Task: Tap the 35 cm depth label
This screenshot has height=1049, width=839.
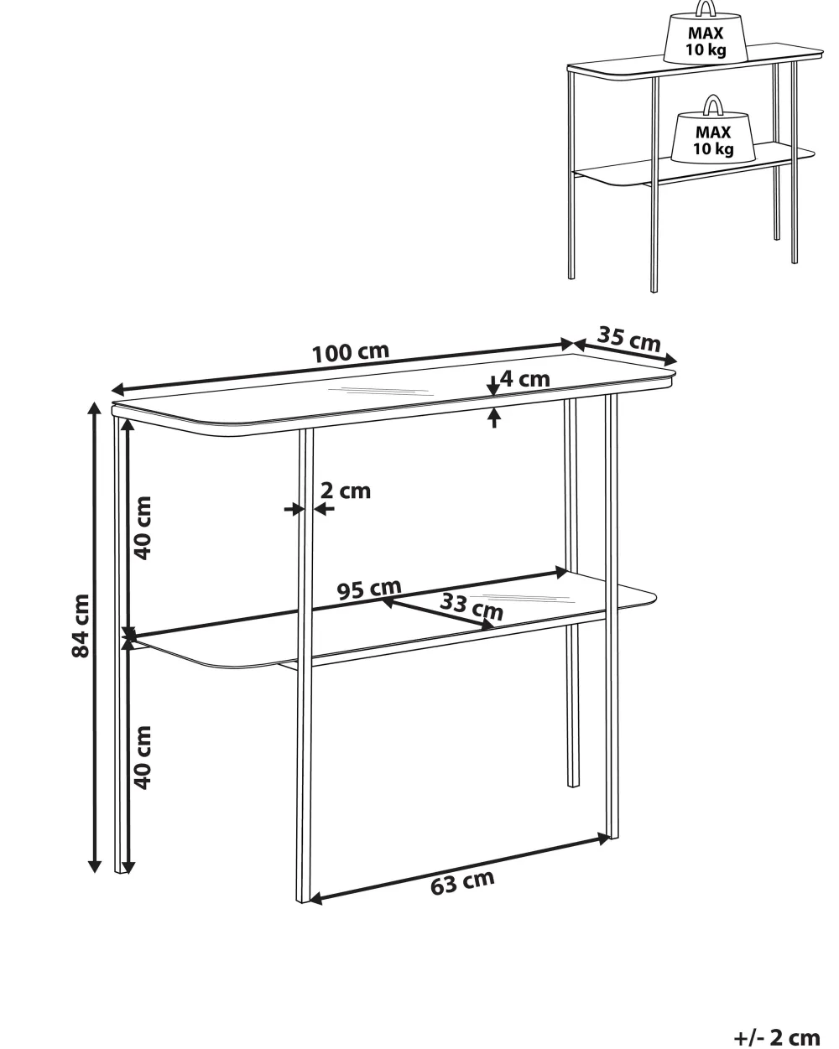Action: coord(629,338)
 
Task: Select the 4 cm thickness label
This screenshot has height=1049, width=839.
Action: coord(525,379)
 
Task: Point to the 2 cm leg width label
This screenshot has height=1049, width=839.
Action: coord(346,491)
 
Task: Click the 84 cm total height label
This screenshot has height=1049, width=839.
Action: coord(81,626)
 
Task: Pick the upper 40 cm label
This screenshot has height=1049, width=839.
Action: coord(143,528)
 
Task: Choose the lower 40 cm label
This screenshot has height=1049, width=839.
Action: coord(143,757)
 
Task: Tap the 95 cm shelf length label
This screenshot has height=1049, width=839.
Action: coord(369,589)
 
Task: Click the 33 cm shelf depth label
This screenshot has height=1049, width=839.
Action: coord(472,606)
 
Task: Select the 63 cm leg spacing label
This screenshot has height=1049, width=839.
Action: coord(462,883)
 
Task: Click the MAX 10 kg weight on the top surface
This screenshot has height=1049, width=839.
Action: coord(706,37)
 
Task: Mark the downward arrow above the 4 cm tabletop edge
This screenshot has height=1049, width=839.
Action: coord(493,385)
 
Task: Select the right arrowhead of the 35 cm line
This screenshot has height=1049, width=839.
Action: coord(671,361)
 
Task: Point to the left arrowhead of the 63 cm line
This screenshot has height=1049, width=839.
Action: coord(316,898)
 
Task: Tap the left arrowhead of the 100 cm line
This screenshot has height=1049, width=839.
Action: coord(118,389)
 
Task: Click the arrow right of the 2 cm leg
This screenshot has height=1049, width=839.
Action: coord(324,509)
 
